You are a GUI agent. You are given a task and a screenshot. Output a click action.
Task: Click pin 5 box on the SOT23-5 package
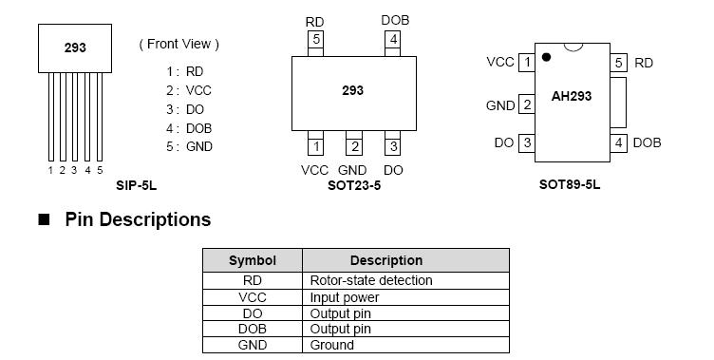tap(316, 40)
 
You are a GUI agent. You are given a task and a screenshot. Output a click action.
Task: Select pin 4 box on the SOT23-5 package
tap(392, 40)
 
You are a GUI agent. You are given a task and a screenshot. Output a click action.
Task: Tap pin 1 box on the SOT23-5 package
tap(316, 146)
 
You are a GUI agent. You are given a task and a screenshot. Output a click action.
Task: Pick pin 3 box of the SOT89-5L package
tap(526, 142)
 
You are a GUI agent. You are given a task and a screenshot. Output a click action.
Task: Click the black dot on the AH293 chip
tap(546, 57)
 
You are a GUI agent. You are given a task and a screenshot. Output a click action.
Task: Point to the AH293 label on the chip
tap(573, 95)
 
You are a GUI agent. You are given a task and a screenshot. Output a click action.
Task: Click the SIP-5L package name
tap(136, 186)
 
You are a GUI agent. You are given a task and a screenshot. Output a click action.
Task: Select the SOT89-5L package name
tap(570, 186)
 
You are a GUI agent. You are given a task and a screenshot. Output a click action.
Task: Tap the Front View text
tap(178, 44)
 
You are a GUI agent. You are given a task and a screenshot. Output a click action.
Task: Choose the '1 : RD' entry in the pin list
tap(184, 71)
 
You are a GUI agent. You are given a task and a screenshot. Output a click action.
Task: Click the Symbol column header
tap(253, 260)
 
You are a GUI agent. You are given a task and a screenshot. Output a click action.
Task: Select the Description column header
tap(386, 260)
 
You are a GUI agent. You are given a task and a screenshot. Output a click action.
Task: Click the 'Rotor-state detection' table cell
tap(371, 280)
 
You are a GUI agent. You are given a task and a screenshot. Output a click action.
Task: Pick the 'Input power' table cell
tap(342, 297)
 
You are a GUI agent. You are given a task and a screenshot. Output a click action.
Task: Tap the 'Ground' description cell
tap(332, 345)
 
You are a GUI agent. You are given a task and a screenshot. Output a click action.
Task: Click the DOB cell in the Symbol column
tap(253, 329)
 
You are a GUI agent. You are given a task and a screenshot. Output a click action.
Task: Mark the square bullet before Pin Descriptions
tap(43, 220)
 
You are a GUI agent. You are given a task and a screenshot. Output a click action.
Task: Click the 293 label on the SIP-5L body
tap(75, 47)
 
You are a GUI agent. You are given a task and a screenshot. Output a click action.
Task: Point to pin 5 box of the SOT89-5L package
tap(619, 63)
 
